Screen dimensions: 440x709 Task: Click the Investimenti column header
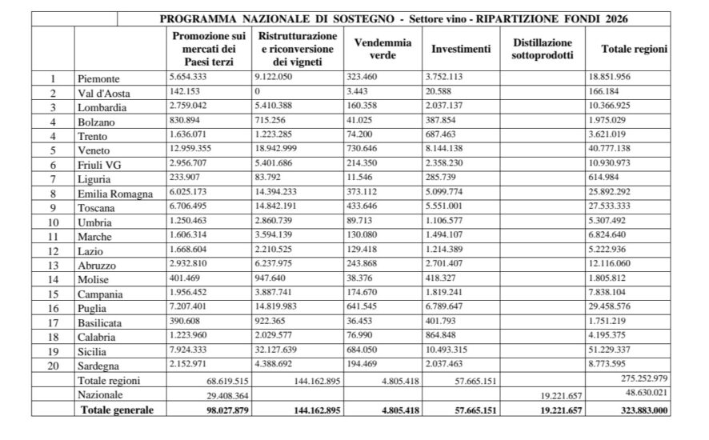coord(461,49)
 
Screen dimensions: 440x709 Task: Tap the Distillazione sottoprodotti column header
coord(542,49)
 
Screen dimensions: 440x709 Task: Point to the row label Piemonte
coord(99,79)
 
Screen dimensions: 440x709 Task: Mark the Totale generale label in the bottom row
coord(115,410)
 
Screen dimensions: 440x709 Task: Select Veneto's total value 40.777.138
coord(616,150)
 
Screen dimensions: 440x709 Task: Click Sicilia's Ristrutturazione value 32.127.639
coord(286,351)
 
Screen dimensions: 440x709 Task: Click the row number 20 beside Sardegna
coord(54,366)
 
